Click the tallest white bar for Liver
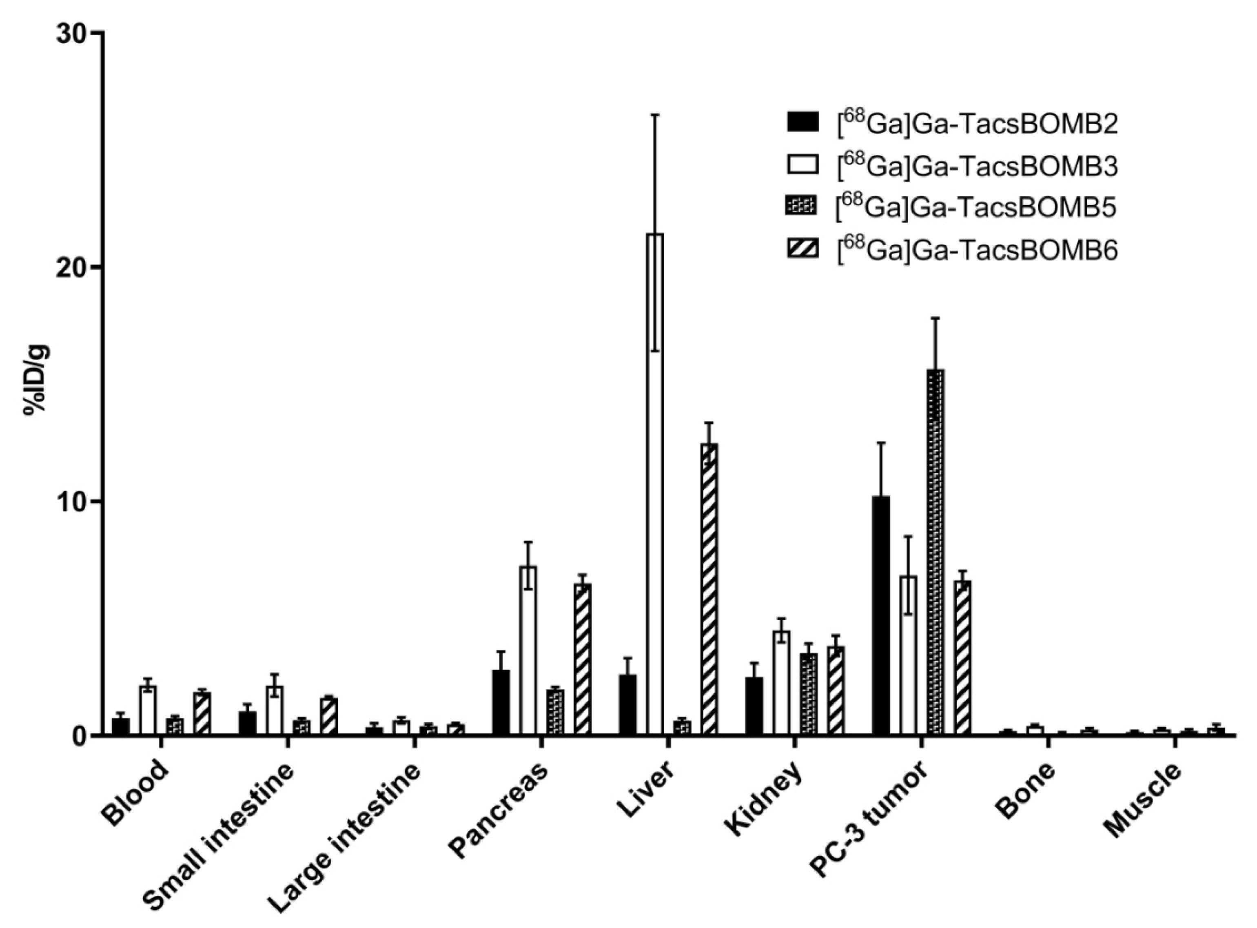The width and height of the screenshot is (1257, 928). (655, 483)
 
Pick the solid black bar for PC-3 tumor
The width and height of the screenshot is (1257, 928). (881, 615)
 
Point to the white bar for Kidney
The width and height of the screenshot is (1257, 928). (781, 682)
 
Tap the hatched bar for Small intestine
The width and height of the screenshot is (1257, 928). (328, 716)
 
